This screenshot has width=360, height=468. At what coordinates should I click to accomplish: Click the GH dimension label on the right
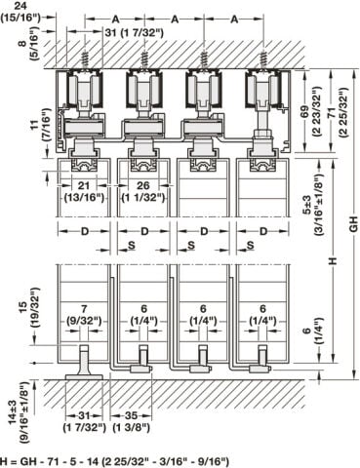pyautogui.click(x=353, y=223)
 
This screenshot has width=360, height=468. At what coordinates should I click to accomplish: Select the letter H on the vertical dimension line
pyautogui.click(x=333, y=260)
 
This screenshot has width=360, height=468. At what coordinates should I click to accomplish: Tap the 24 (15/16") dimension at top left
pyautogui.click(x=20, y=13)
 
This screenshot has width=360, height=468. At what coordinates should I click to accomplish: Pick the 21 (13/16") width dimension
pyautogui.click(x=84, y=191)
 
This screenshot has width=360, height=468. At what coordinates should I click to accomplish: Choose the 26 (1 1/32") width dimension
pyautogui.click(x=143, y=191)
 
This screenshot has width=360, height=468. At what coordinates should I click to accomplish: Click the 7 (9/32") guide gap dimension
pyautogui.click(x=84, y=315)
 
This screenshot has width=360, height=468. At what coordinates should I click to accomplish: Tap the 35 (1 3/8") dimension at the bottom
pyautogui.click(x=131, y=421)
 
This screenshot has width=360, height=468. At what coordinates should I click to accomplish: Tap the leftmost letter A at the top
pyautogui.click(x=115, y=19)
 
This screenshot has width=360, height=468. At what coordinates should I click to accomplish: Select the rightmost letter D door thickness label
pyautogui.click(x=263, y=231)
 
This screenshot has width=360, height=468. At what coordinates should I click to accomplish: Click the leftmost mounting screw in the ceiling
pyautogui.click(x=85, y=58)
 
